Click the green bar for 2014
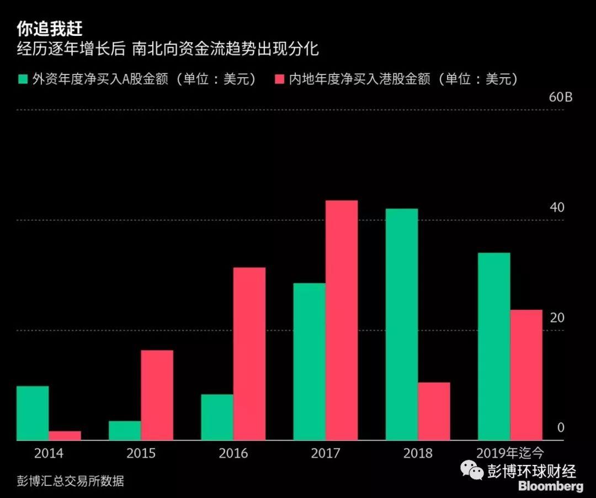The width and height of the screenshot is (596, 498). point(33,413)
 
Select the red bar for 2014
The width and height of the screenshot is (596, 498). point(65,436)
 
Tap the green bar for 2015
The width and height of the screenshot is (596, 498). point(125,431)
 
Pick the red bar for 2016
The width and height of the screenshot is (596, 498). point(249,354)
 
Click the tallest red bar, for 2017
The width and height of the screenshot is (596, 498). point(342,320)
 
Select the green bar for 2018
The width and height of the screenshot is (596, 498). point(402,324)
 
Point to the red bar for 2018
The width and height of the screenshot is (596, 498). point(434,411)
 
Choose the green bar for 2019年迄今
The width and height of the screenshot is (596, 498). point(494,346)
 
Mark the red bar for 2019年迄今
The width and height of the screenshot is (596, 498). point(526,375)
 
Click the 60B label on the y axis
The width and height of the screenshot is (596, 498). point(560,98)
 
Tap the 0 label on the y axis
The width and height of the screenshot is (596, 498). point(561,428)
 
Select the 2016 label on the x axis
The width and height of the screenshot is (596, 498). point(233,454)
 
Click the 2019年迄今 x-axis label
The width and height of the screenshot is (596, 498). point(510,454)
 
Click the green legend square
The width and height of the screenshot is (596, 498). point(23,79)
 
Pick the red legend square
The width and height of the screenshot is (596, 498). point(279,79)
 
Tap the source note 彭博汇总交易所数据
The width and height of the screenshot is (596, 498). point(70,481)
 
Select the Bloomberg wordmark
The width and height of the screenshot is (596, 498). point(550,486)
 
